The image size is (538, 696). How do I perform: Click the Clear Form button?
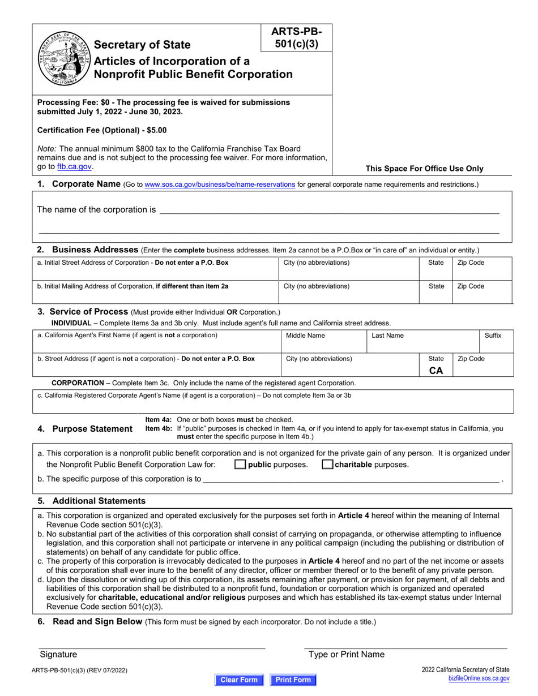238,680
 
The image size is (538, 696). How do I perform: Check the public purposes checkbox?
240,465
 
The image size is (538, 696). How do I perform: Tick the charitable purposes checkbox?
327,465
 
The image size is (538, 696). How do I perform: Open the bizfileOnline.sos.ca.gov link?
479,678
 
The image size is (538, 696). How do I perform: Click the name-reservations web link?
220,184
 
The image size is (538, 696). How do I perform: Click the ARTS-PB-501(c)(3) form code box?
296,38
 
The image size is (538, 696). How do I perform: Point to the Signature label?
58,654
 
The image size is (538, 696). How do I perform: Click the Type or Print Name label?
346,654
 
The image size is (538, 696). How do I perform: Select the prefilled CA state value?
436,371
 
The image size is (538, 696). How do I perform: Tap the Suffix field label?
493,336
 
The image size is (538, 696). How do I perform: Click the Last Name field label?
387,336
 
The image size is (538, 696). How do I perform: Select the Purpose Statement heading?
92,428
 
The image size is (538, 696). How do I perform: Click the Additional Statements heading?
99,501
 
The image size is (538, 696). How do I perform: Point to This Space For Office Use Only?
424,168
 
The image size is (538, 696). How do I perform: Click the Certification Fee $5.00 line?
102,130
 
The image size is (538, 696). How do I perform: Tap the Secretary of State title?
142,45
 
